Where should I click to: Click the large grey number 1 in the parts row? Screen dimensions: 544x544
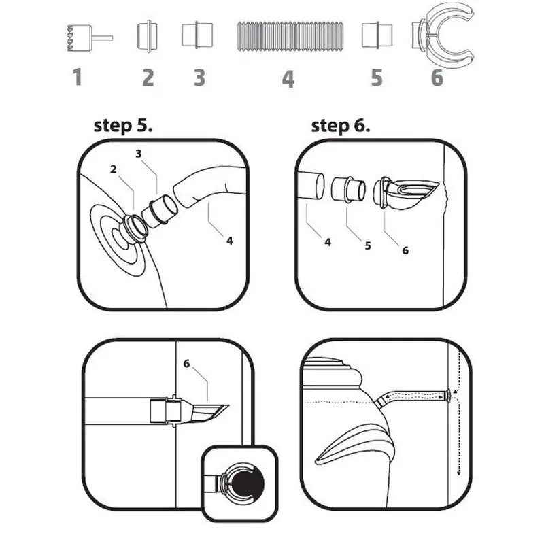tap(78, 77)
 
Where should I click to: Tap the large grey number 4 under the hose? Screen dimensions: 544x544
tap(288, 79)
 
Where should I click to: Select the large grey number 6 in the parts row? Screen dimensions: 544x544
tap(437, 77)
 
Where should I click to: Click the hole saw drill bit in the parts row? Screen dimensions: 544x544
tap(90, 38)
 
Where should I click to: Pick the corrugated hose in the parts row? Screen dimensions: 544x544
tap(290, 37)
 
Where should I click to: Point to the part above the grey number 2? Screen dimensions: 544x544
tap(148, 36)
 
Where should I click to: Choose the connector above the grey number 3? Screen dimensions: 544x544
tap(197, 35)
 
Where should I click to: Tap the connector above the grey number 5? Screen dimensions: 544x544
tap(377, 35)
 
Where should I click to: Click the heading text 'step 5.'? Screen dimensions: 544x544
tap(123, 126)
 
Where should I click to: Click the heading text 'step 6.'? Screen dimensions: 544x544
tap(341, 126)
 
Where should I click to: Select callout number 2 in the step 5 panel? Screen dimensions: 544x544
tap(114, 169)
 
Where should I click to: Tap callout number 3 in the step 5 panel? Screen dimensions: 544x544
tap(139, 154)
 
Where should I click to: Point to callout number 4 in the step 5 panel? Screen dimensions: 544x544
tap(229, 241)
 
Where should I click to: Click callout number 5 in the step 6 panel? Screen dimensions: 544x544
tap(368, 245)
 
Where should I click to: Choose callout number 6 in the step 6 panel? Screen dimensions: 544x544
tap(405, 250)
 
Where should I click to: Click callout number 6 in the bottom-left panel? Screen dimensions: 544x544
tap(186, 364)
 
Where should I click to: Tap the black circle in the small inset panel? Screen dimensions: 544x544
tap(248, 483)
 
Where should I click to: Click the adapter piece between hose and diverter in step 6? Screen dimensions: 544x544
tap(348, 190)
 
